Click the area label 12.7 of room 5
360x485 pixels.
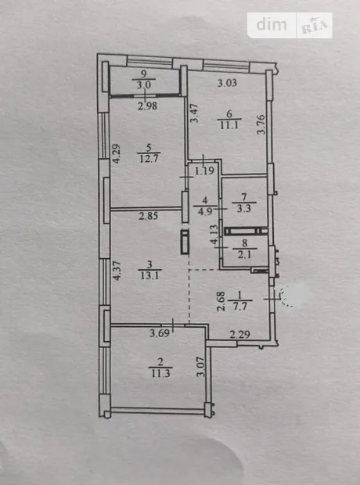click(149, 159)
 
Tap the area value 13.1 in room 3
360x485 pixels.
click(149, 275)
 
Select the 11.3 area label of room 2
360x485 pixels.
click(160, 373)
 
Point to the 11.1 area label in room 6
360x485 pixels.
click(229, 125)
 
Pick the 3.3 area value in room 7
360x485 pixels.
click(244, 208)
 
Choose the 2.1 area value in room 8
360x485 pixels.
click(244, 254)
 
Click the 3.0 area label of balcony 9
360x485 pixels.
click(144, 84)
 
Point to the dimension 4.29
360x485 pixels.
click(117, 154)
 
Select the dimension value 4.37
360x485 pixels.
click(117, 271)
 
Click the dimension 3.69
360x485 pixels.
click(160, 333)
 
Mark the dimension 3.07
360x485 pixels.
click(201, 367)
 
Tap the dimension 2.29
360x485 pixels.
click(240, 334)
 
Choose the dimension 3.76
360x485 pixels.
click(261, 124)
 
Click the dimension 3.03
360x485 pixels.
click(227, 83)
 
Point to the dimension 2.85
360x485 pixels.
click(149, 216)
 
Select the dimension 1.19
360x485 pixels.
click(204, 171)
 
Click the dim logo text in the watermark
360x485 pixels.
click(272, 24)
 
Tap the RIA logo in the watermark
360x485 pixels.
click(315, 27)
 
